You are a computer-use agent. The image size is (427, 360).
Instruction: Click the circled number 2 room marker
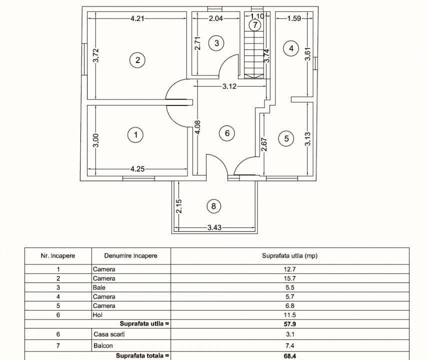(x=137, y=60)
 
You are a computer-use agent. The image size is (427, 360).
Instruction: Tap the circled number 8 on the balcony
(x=213, y=206)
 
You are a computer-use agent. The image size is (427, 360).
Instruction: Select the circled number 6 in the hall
(x=227, y=133)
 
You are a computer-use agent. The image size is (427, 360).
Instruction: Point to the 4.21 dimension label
(x=137, y=18)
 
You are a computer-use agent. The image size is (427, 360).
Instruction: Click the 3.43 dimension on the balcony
(x=214, y=227)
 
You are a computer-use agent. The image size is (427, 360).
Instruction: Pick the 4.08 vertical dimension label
(x=198, y=127)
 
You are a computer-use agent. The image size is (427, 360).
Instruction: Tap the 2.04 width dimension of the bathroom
(x=215, y=18)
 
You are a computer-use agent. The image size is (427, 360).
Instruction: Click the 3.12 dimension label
(x=229, y=86)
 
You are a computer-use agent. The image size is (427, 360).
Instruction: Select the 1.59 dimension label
(x=294, y=18)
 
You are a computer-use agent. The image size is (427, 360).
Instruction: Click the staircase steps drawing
(x=254, y=54)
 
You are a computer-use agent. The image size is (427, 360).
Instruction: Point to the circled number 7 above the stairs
(x=255, y=25)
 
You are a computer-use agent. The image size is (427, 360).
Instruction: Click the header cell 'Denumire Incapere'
(x=130, y=255)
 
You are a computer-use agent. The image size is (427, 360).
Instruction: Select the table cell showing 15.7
(x=289, y=278)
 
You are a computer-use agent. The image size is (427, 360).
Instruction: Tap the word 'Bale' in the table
(x=99, y=287)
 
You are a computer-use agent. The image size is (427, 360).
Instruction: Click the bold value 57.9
(x=290, y=324)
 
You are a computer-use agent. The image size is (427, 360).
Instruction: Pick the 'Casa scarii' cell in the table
(x=109, y=334)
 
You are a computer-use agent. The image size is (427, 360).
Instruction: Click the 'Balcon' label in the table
(x=103, y=345)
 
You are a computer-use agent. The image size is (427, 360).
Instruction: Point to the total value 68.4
(x=290, y=356)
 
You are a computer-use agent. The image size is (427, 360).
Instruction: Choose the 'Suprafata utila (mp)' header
(x=290, y=255)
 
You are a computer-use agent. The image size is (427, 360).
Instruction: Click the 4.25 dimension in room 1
(x=137, y=169)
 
